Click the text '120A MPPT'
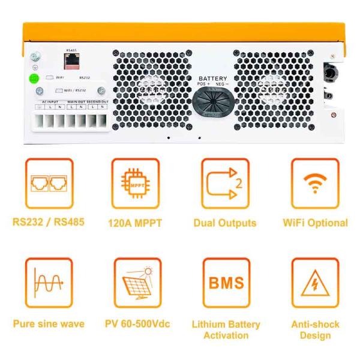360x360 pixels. pos(136,223)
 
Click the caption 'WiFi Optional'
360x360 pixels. pos(315,223)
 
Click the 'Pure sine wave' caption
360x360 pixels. pos(48,324)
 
